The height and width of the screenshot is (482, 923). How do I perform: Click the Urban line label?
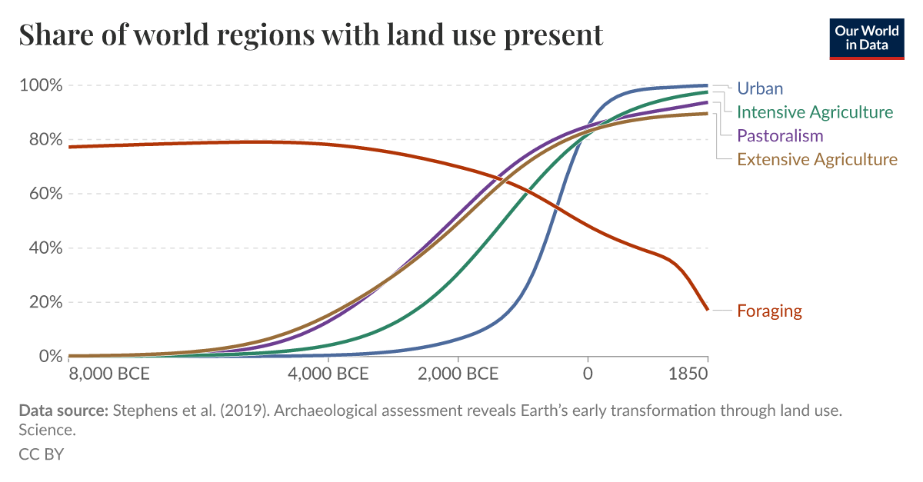coord(759,88)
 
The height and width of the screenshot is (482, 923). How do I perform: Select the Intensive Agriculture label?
coord(815,112)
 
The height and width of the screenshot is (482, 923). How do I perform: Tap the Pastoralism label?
coord(780,136)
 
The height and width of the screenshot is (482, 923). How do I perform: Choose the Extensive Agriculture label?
coord(817,160)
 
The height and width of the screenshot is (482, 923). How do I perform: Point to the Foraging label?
coord(769,311)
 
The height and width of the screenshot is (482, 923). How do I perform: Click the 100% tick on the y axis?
coord(39,85)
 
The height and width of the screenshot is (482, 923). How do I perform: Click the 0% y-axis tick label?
coord(48,357)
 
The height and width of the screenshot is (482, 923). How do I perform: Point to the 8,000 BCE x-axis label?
coord(109,375)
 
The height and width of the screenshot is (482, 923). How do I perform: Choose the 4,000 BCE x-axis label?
coord(328,375)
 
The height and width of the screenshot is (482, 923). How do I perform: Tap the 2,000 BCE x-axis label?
coord(458,375)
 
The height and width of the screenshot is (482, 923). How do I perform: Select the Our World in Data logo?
coord(866,36)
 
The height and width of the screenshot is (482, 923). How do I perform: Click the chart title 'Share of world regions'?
coord(311,35)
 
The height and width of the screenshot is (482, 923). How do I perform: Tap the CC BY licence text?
coord(42,454)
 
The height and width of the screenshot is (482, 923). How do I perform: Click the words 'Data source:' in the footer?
coord(63,411)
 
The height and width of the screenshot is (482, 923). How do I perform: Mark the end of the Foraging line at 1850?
coord(708,310)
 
